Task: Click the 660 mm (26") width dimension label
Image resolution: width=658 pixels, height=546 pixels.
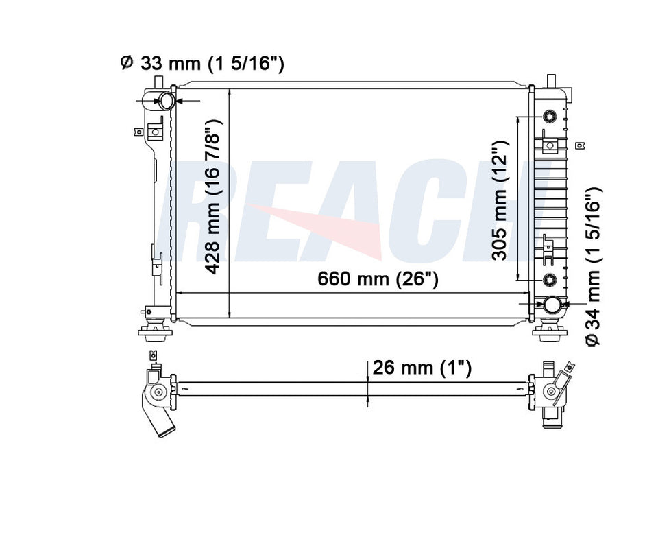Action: point(378,278)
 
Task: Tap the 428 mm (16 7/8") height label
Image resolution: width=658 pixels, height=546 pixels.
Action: point(213,197)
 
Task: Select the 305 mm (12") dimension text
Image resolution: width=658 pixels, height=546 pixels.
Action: point(500,200)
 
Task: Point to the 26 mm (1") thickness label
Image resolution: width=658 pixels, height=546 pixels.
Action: point(422,368)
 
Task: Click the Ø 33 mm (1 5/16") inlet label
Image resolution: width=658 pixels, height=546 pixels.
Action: point(202,63)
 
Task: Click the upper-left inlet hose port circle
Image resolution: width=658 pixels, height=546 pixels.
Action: point(167,101)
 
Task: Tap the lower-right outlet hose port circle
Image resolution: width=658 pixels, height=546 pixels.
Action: point(552,305)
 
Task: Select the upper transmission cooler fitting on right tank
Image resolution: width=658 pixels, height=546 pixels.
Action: point(549,117)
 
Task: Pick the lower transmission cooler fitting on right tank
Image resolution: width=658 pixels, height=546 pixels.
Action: point(549,279)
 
